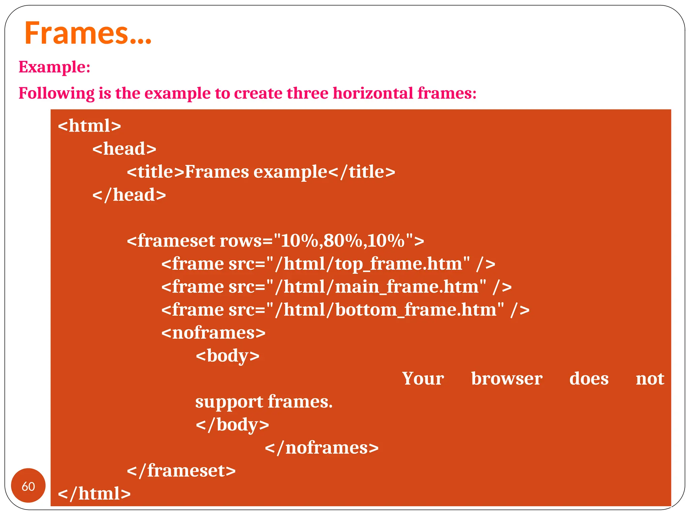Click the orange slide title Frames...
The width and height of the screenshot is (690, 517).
(88, 33)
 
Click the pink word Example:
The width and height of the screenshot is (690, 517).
(54, 67)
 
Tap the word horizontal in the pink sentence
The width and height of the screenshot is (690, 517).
(373, 93)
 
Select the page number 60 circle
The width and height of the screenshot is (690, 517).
(28, 486)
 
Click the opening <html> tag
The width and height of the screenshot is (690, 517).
(89, 126)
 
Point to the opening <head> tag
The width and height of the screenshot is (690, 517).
(124, 148)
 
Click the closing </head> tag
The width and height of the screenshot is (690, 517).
(129, 195)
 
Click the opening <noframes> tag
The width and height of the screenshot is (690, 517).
(214, 333)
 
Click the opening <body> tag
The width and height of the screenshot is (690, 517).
(228, 355)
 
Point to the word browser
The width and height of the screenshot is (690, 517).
(506, 379)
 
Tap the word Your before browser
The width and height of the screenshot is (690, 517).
(423, 379)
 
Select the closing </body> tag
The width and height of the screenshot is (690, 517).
(232, 424)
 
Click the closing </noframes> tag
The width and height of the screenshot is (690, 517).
(322, 448)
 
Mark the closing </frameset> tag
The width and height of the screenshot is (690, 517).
(181, 471)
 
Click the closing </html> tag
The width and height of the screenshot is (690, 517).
(94, 493)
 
